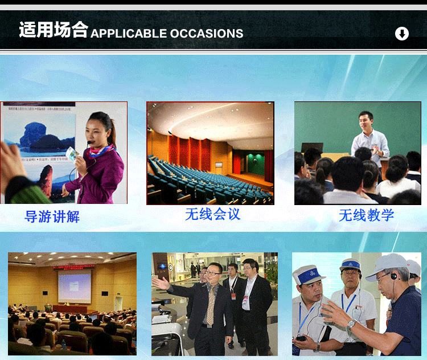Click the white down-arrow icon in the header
[x=402, y=34]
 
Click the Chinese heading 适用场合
[x=54, y=30]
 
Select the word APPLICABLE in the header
[x=129, y=34]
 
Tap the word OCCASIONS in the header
[x=207, y=34]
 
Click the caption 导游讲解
[x=52, y=216]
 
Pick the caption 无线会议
[x=213, y=214]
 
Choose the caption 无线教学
[x=366, y=215]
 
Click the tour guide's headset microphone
[x=89, y=142]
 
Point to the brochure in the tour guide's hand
[x=72, y=154]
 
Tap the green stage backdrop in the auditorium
[x=256, y=164]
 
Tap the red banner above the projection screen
[x=74, y=267]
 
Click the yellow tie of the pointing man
[x=211, y=305]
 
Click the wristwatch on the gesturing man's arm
[x=351, y=324]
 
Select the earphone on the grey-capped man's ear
[x=394, y=276]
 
